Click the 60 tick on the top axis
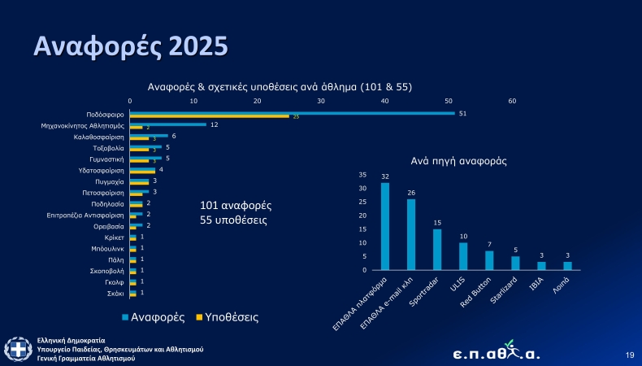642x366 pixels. [x=512, y=101]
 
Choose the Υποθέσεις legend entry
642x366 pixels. [x=231, y=315]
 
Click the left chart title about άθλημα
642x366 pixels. [x=281, y=86]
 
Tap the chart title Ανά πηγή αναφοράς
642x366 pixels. [x=458, y=161]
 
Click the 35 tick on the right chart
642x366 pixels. [x=362, y=175]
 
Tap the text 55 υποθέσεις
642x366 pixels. [x=233, y=220]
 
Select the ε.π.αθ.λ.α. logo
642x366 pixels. [x=496, y=351]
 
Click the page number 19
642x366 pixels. [x=629, y=355]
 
